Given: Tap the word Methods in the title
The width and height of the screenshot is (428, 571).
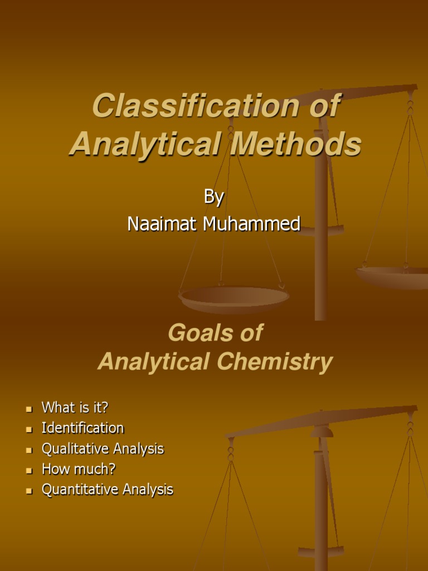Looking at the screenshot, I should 296,144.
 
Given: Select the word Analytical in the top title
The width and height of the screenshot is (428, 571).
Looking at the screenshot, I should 144,144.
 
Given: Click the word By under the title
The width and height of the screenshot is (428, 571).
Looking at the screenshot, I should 214,196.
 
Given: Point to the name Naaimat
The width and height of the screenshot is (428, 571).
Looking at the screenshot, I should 162,224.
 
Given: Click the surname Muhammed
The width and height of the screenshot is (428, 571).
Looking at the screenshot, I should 252,224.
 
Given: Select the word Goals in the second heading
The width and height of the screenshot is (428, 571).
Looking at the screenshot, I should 193,333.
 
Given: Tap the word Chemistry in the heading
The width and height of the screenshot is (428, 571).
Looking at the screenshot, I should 275,362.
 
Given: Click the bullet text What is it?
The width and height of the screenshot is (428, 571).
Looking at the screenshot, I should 75,408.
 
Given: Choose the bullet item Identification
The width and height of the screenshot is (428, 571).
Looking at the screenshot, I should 82,428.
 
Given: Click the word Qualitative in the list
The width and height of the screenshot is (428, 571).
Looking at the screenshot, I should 75,448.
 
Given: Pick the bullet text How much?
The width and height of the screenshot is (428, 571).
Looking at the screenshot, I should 79,469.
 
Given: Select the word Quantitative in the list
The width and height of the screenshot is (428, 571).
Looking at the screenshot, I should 80,490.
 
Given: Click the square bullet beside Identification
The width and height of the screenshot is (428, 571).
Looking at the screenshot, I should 30,429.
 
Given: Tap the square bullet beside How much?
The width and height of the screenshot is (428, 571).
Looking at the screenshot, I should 30,470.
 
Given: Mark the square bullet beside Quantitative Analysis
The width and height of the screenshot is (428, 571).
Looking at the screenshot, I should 30,491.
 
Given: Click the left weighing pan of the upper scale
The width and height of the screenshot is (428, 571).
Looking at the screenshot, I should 234,298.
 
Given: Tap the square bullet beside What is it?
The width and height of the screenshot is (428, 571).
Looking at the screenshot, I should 30,409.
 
